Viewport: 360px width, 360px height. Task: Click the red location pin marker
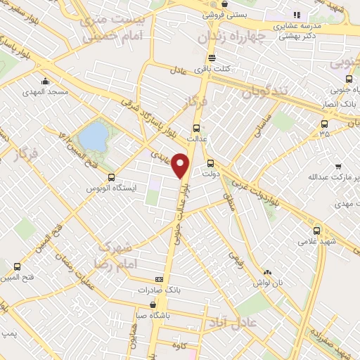coord(181,165)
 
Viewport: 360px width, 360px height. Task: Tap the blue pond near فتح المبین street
coord(91,134)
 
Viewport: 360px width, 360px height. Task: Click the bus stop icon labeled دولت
coord(210,163)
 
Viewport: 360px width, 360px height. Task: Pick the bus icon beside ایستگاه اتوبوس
coord(112,177)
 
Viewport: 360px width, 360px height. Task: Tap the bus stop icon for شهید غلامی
coord(316,230)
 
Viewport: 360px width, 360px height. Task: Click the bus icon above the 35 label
coord(323,122)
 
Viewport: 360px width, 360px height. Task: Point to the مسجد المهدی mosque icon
coord(46,81)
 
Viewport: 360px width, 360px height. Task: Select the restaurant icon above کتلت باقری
coord(212,59)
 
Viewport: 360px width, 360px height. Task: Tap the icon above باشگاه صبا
coord(153,305)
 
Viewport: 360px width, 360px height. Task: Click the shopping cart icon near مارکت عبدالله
coord(338,167)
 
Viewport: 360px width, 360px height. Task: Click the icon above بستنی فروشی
coord(224,4)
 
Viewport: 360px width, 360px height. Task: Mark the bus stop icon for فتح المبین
coord(17,266)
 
